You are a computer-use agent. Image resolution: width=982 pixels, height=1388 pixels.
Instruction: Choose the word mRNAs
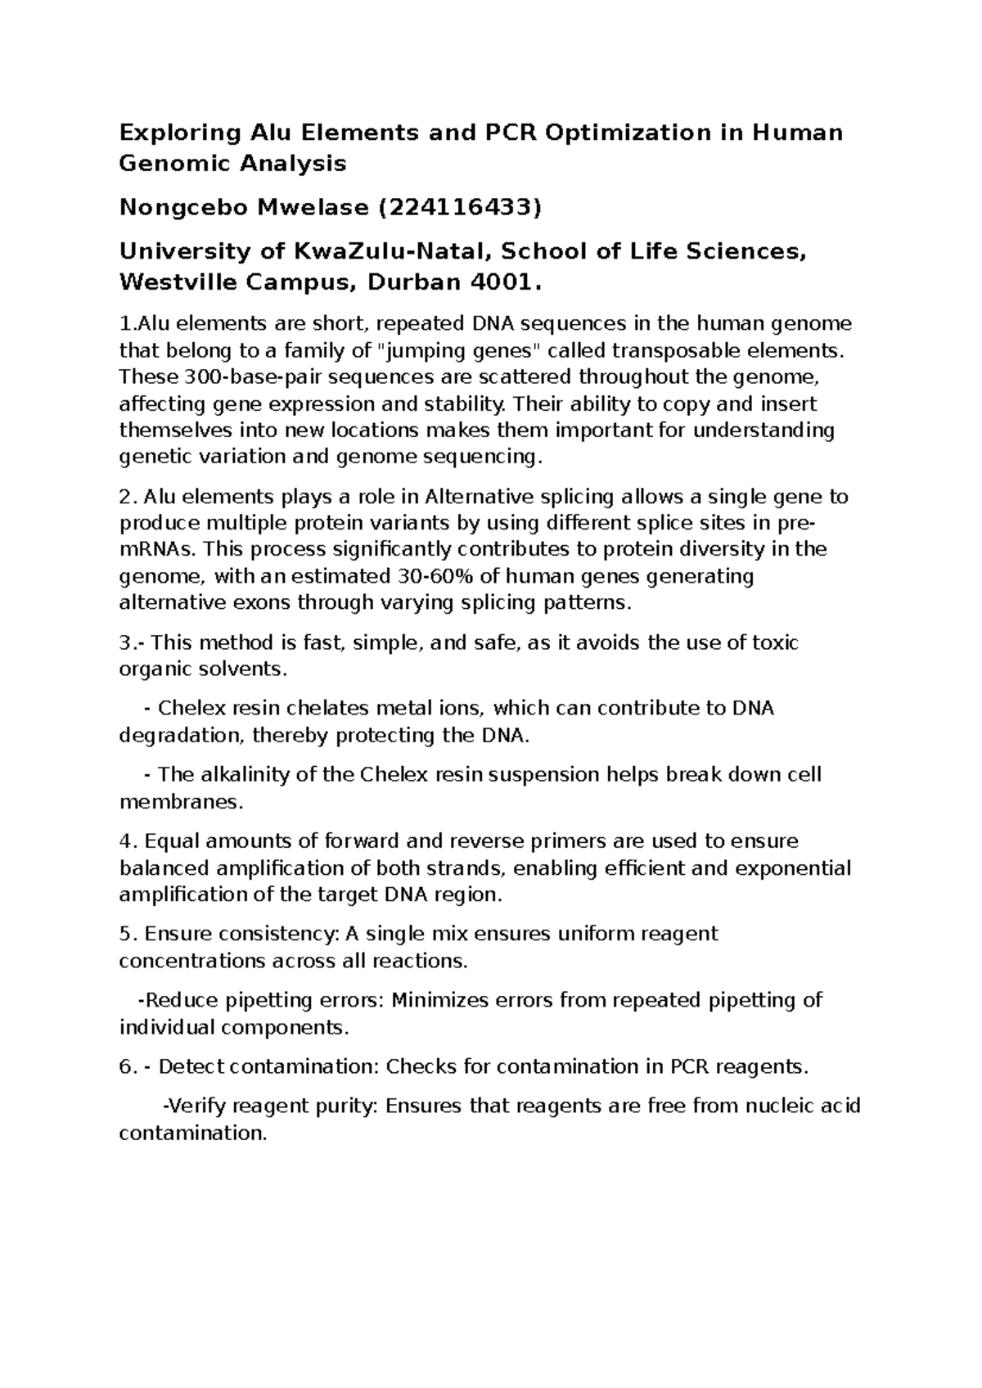click(152, 549)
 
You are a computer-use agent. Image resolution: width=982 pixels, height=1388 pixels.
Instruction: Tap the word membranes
click(181, 802)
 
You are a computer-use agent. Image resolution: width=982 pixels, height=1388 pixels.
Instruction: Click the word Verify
click(196, 1106)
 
